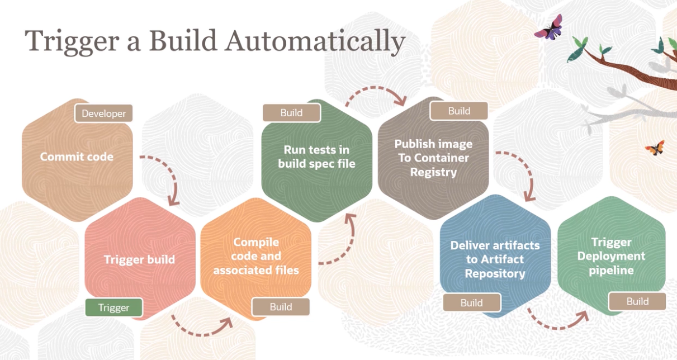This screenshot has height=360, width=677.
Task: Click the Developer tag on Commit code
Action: tap(104, 113)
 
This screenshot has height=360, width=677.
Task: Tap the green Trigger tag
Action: tap(114, 307)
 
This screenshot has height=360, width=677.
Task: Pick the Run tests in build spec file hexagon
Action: tap(316, 158)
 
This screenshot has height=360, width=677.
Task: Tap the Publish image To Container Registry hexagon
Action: tap(433, 158)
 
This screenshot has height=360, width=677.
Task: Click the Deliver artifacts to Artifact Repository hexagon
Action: tap(495, 259)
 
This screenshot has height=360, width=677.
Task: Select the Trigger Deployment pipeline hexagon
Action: tap(612, 256)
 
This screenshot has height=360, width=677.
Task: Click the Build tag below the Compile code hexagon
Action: tap(281, 306)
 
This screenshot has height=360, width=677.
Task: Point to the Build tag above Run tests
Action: tap(292, 113)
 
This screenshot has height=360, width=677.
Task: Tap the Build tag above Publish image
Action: tap(459, 111)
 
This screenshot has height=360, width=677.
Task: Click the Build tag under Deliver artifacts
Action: tap(472, 302)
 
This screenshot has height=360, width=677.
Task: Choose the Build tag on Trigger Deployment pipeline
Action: tap(637, 301)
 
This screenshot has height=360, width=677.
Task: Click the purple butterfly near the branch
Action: tap(549, 28)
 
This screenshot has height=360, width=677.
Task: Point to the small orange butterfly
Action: tap(655, 148)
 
